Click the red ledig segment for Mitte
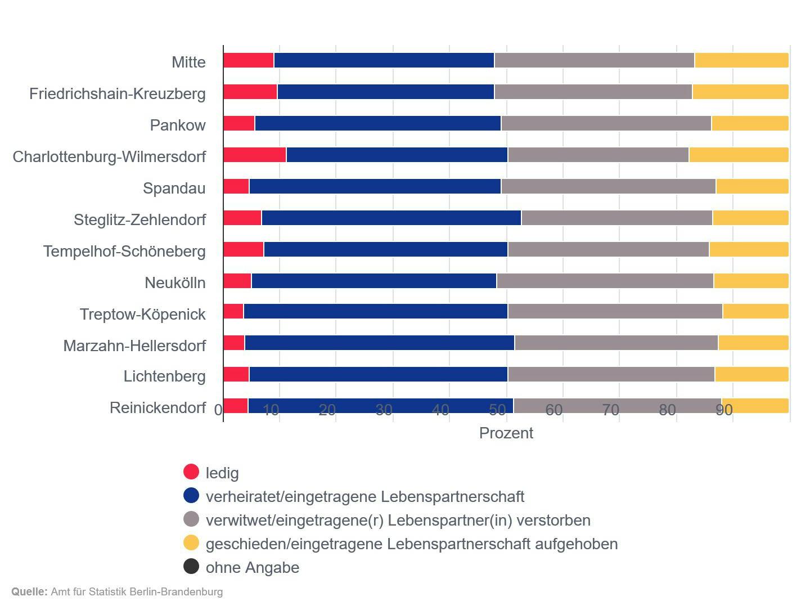248,60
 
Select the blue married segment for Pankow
377,123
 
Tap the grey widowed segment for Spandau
608,186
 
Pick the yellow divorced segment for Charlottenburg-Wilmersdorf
739,155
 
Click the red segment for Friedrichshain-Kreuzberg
250,92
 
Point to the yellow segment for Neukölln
751,281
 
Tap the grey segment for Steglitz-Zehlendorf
616,218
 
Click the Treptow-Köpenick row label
142,314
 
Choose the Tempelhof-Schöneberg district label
124,251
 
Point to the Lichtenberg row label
164,376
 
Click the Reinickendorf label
157,407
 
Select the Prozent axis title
506,433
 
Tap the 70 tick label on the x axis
610,410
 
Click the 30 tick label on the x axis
384,410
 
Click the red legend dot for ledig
191,472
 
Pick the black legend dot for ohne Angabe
191,566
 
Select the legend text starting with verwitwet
398,520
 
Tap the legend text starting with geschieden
411,544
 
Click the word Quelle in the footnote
29,591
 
